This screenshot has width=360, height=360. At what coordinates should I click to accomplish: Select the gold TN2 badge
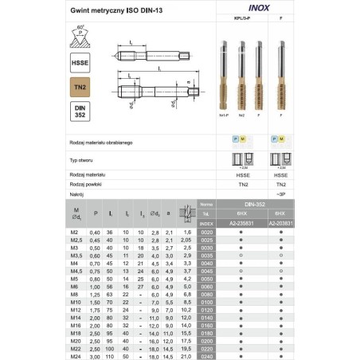point(80,85)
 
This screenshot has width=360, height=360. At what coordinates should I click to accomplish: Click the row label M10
point(76,303)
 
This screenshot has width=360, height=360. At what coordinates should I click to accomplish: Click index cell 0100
point(206,303)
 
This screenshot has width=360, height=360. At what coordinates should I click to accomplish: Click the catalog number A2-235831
point(241,224)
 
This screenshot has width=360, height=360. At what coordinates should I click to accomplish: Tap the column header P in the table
point(97,213)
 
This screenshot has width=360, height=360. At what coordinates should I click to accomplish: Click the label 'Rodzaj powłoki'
point(88,183)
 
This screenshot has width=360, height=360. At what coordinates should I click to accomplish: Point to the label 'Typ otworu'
point(84,159)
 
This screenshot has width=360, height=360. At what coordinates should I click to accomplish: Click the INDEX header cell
point(206,224)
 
